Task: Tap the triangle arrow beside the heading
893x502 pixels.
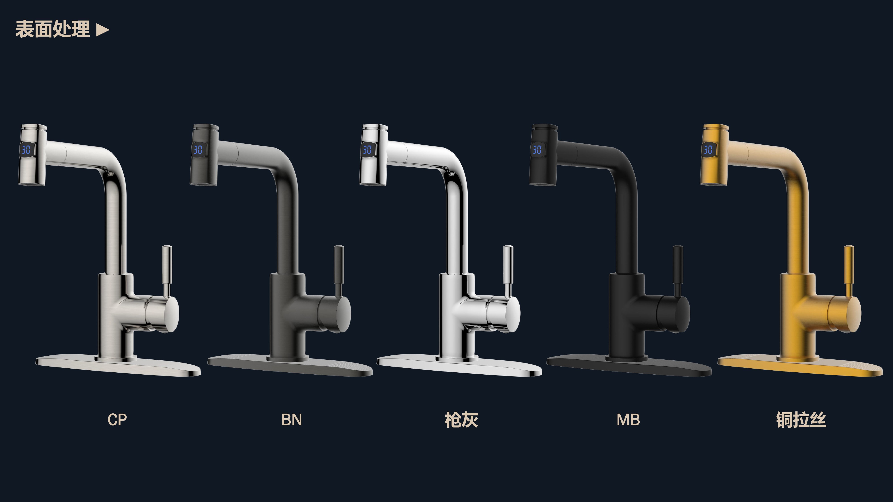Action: pos(103,30)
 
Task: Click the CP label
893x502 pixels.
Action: pos(117,419)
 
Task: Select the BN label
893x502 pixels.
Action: pos(292,419)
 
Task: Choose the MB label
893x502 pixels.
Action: pos(628,419)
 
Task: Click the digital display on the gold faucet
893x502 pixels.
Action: pos(708,150)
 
